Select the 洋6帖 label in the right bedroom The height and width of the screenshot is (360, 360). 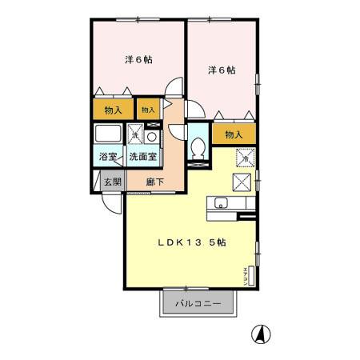[222, 70]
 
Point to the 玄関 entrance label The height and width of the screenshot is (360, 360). [112, 182]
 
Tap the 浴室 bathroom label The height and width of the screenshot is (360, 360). [107, 157]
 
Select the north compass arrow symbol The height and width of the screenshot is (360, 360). [260, 333]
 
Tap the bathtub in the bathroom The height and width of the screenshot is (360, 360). [107, 134]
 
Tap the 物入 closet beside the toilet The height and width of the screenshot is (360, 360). [234, 134]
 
